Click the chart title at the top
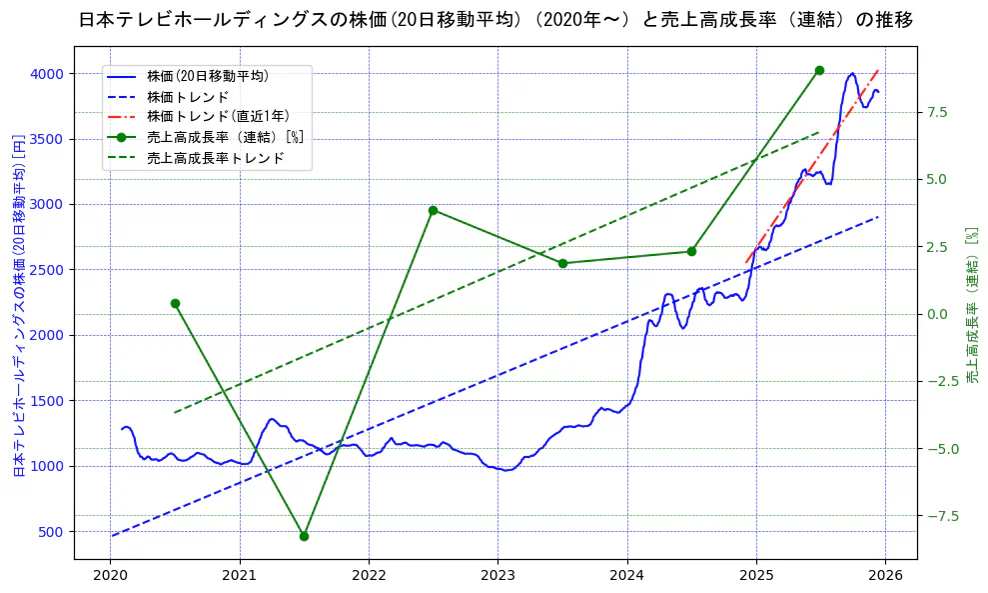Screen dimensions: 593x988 pyautogui.click(x=494, y=20)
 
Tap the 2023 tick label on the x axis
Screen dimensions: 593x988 pyautogui.click(x=497, y=575)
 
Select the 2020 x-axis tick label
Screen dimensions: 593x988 pyautogui.click(x=110, y=575)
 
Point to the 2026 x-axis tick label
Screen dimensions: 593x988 pyautogui.click(x=886, y=575)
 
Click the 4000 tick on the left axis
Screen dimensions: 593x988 pyautogui.click(x=47, y=74)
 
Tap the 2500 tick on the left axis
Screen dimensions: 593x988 pyautogui.click(x=47, y=270)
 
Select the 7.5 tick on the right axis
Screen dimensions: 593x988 pyautogui.click(x=936, y=112)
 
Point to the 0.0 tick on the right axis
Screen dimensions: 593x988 pyautogui.click(x=936, y=314)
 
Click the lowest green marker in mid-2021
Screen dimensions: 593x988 pyautogui.click(x=304, y=536)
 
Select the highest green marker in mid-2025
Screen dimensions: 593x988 pyautogui.click(x=819, y=70)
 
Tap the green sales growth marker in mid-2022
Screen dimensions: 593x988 pyautogui.click(x=433, y=210)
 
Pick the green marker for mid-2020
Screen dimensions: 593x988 pyautogui.click(x=175, y=303)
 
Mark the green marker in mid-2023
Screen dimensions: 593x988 pyautogui.click(x=562, y=263)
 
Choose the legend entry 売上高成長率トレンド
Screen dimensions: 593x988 pyautogui.click(x=215, y=158)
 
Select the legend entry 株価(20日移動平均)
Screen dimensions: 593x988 pyautogui.click(x=207, y=75)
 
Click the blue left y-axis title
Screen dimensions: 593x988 pyautogui.click(x=18, y=304)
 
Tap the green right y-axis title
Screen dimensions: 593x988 pyautogui.click(x=972, y=304)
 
